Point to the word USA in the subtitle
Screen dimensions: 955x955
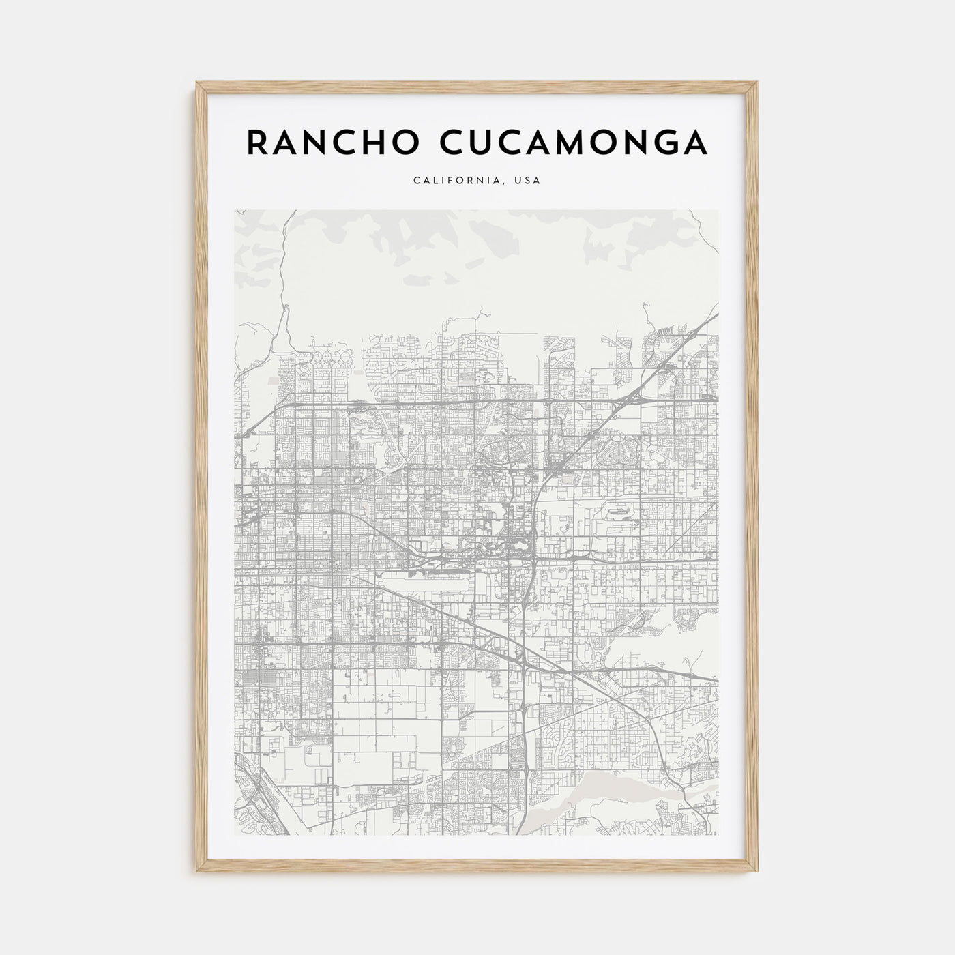[529, 181]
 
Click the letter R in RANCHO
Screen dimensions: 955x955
[256, 142]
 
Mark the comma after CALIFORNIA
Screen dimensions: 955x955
[505, 183]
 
